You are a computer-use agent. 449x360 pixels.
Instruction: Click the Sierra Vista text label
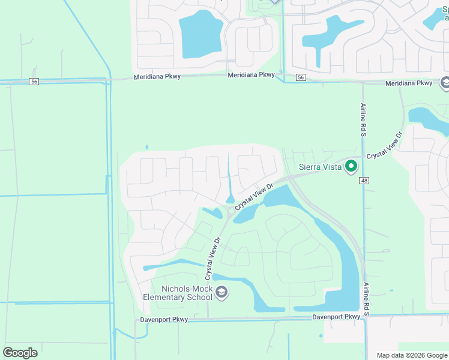coord(320,167)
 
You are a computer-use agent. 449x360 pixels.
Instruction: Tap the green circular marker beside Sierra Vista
coord(352,167)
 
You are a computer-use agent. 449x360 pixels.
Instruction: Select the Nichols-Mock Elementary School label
coord(178,293)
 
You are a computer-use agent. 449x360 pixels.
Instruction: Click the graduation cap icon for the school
coord(221,293)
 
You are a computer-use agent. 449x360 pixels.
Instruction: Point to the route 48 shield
coord(364,181)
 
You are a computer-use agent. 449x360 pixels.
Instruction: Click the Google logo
coord(20,352)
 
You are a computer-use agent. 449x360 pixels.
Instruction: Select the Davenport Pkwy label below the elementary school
coord(164,319)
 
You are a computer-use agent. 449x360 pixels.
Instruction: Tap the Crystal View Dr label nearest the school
coord(213,258)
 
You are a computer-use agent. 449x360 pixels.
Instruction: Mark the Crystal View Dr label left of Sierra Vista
coord(254,197)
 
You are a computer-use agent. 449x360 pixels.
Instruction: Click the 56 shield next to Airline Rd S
coord(301,77)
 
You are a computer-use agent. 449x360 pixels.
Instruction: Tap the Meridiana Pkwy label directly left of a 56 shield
coord(251,75)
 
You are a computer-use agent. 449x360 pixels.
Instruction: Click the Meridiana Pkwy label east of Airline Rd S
coord(408,83)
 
